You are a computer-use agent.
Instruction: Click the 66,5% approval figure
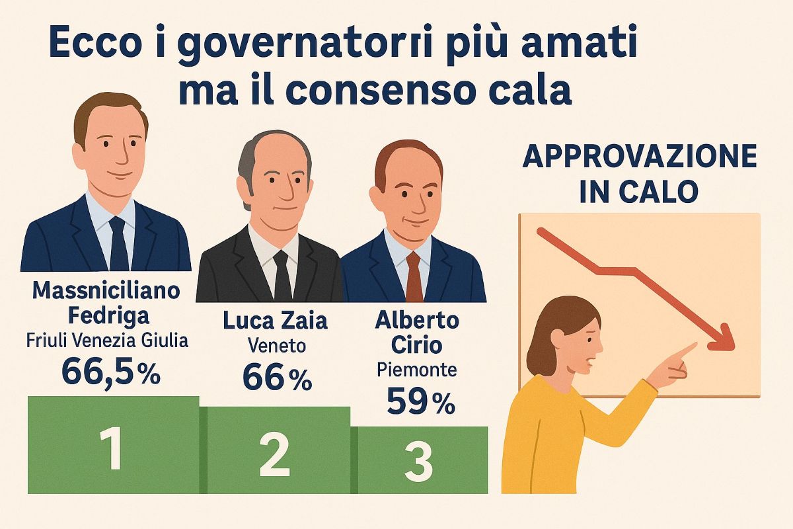[111, 372]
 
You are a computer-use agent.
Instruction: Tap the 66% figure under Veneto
[277, 378]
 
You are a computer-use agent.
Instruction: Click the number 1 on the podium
[114, 450]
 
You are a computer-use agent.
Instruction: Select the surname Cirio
[416, 346]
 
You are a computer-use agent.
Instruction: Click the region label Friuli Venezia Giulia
[108, 341]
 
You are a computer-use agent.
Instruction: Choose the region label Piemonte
[416, 370]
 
